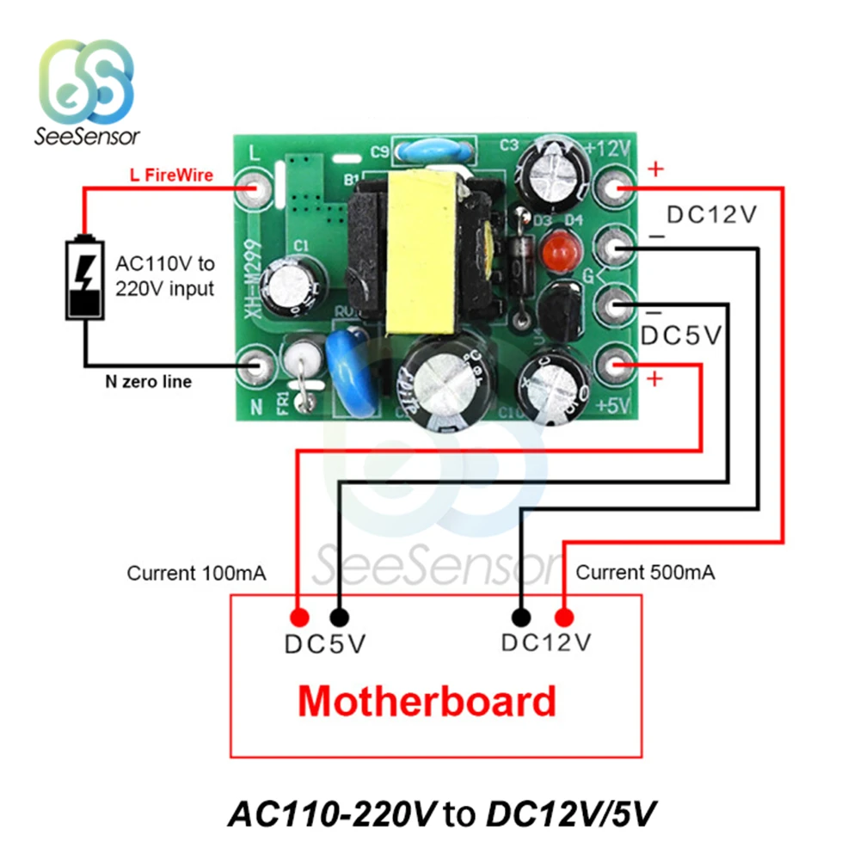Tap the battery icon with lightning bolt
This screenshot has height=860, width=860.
click(x=84, y=280)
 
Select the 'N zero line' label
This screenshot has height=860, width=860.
click(x=147, y=381)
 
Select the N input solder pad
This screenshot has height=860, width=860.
click(x=256, y=365)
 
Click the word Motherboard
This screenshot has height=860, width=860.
click(x=427, y=702)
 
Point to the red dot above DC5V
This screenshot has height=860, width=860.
click(x=299, y=617)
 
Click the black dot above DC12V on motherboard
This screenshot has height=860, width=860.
click(x=519, y=617)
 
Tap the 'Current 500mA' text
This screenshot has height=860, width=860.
click(x=645, y=573)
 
